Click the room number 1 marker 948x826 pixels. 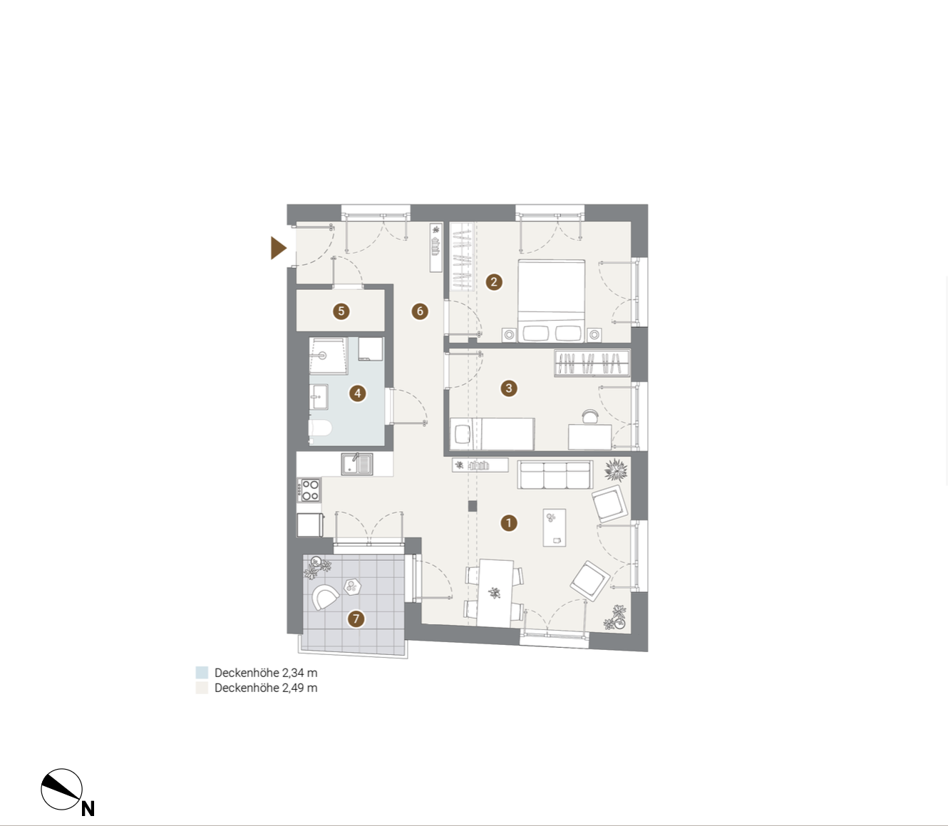[x=508, y=523]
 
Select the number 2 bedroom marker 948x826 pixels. [x=493, y=282]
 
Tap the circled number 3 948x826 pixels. [x=509, y=388]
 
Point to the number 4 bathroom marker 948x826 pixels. [x=357, y=394]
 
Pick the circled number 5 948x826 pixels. [x=341, y=311]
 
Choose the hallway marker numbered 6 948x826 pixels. [x=420, y=311]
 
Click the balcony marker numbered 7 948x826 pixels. [x=356, y=619]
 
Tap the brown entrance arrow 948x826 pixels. [x=278, y=248]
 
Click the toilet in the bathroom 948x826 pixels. [x=320, y=428]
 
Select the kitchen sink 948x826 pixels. [x=357, y=464]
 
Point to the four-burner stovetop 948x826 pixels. [x=309, y=490]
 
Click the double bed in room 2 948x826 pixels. [x=551, y=301]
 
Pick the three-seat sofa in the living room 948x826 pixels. [x=555, y=475]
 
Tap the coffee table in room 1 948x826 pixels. [x=554, y=527]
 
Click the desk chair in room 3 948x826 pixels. [x=590, y=416]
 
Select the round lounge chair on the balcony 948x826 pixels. [x=324, y=597]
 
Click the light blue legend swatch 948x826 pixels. [x=202, y=673]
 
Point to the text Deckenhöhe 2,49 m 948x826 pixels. [x=266, y=688]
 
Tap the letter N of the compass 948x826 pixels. [x=88, y=808]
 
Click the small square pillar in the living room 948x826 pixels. [x=472, y=506]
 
